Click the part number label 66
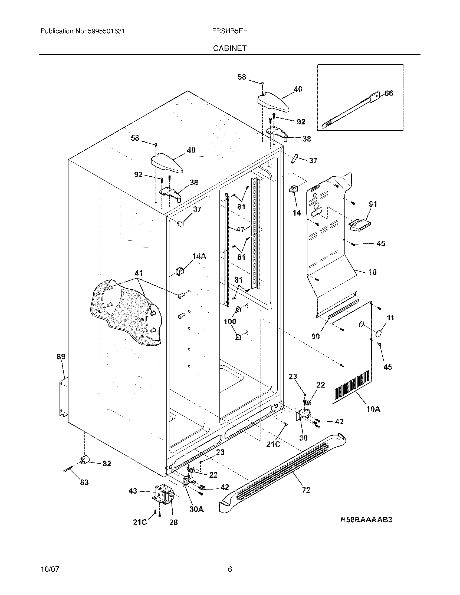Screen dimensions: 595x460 point(389,94)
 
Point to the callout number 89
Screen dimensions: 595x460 point(61,356)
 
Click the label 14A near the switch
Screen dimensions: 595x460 point(199,256)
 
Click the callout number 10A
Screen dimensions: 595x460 point(373,409)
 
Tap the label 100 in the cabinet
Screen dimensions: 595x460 point(230,322)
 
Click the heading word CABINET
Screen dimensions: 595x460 point(230,48)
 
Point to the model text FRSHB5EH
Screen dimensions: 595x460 point(230,31)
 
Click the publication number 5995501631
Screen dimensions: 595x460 point(106,31)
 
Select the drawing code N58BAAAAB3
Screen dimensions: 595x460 point(366,520)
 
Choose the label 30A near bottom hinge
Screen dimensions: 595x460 point(196,509)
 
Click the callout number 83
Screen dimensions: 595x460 point(84,482)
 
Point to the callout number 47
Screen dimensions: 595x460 point(240,229)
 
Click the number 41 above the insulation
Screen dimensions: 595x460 point(139,273)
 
